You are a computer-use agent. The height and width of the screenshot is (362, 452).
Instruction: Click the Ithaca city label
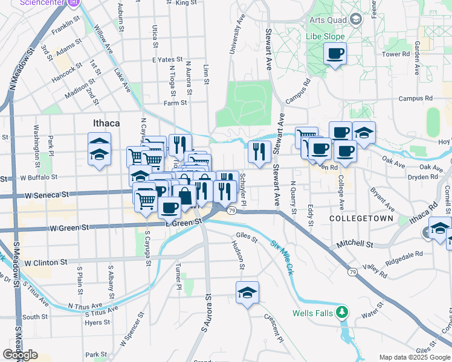[106, 123]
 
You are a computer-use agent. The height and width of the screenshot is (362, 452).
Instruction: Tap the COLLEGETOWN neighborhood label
[361, 218]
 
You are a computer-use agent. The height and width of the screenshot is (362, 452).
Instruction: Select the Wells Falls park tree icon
[343, 313]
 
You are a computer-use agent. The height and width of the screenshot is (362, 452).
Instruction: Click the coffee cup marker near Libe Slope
[335, 54]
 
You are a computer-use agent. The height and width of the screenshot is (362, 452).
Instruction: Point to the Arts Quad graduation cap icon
[356, 19]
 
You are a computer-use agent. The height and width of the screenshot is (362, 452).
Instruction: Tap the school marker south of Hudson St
[247, 294]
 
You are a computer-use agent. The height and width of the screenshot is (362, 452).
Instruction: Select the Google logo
[21, 355]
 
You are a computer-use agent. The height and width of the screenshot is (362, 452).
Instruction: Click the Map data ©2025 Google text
[415, 357]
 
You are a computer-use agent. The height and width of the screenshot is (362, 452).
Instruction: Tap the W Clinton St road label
[45, 263]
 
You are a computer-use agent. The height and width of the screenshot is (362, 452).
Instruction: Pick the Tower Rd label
[396, 54]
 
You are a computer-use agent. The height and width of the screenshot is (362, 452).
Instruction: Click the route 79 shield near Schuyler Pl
[232, 211]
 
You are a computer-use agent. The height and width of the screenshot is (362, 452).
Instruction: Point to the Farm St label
[176, 103]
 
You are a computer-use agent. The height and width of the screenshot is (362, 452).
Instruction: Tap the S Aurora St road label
[207, 320]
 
